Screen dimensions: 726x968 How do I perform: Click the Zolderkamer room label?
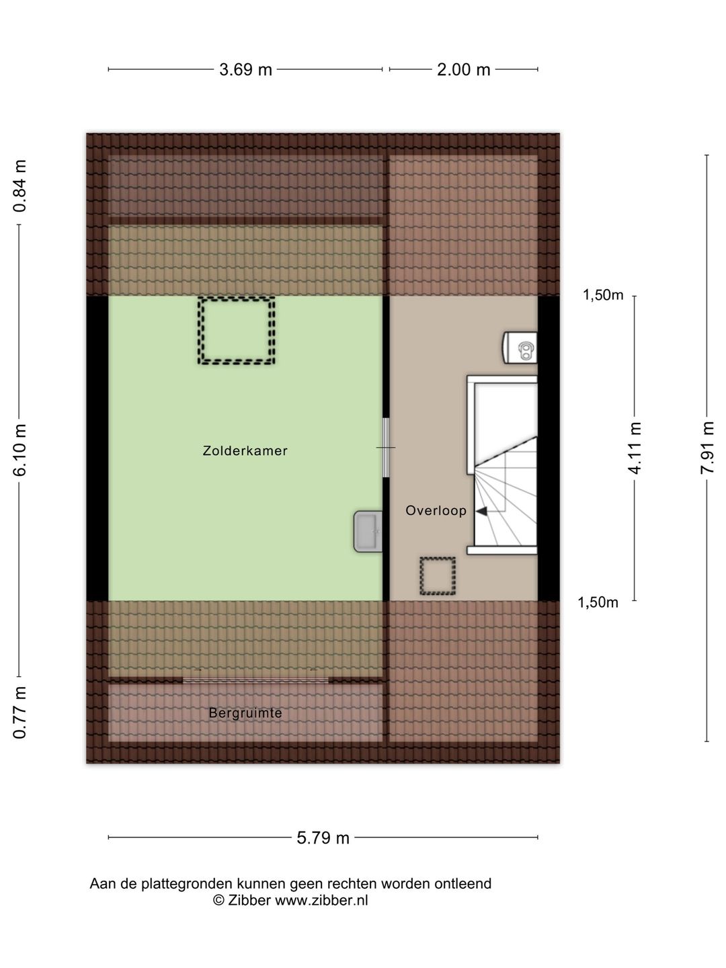pos(245,450)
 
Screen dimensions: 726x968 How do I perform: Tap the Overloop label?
pos(436,510)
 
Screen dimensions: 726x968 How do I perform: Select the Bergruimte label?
pos(245,713)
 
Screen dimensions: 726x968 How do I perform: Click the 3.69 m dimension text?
pos(245,70)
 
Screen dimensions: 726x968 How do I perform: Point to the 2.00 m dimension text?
pos(463,70)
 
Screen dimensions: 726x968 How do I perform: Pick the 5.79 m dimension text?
pos(323,838)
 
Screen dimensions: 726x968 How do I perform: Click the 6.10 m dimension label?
pos(20,450)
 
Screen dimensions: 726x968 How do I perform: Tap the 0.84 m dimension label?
pos(20,186)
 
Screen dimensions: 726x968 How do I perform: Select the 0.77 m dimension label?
pos(20,712)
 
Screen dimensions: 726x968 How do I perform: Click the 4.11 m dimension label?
pos(635,448)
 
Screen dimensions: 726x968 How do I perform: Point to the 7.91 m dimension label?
pos(707,448)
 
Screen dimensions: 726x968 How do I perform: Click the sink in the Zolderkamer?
pos(368,532)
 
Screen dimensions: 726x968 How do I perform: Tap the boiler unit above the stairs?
pos(520,348)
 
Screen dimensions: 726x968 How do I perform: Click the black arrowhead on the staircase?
pos(481,511)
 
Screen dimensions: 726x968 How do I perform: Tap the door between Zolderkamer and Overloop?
pos(386,447)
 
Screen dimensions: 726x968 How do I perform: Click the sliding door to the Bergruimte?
pos(255,680)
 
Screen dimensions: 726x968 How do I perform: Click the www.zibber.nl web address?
pos(321,900)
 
